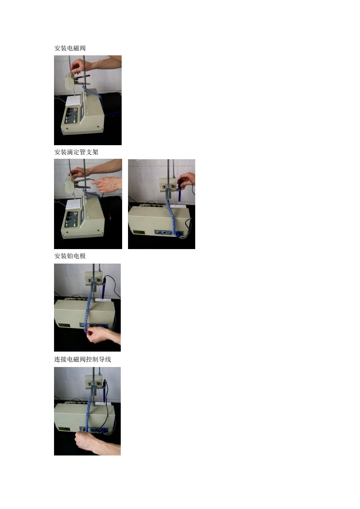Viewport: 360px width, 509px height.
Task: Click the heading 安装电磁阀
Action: pyautogui.click(x=70, y=48)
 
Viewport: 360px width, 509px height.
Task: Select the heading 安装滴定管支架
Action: pyautogui.click(x=76, y=152)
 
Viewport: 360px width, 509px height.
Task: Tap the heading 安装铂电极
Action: pyautogui.click(x=70, y=256)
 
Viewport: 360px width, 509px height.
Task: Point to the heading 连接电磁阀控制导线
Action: pyautogui.click(x=83, y=359)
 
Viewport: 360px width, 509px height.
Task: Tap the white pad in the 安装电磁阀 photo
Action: pyautogui.click(x=73, y=100)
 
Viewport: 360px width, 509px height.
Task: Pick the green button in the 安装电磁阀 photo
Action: pyautogui.click(x=75, y=121)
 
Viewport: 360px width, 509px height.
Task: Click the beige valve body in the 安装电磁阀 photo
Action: pyautogui.click(x=69, y=82)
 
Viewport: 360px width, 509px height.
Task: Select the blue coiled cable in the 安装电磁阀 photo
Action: pyautogui.click(x=94, y=95)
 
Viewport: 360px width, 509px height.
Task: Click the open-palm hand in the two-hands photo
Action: pyautogui.click(x=107, y=184)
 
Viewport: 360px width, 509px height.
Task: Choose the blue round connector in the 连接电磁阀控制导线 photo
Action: pyautogui.click(x=104, y=431)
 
